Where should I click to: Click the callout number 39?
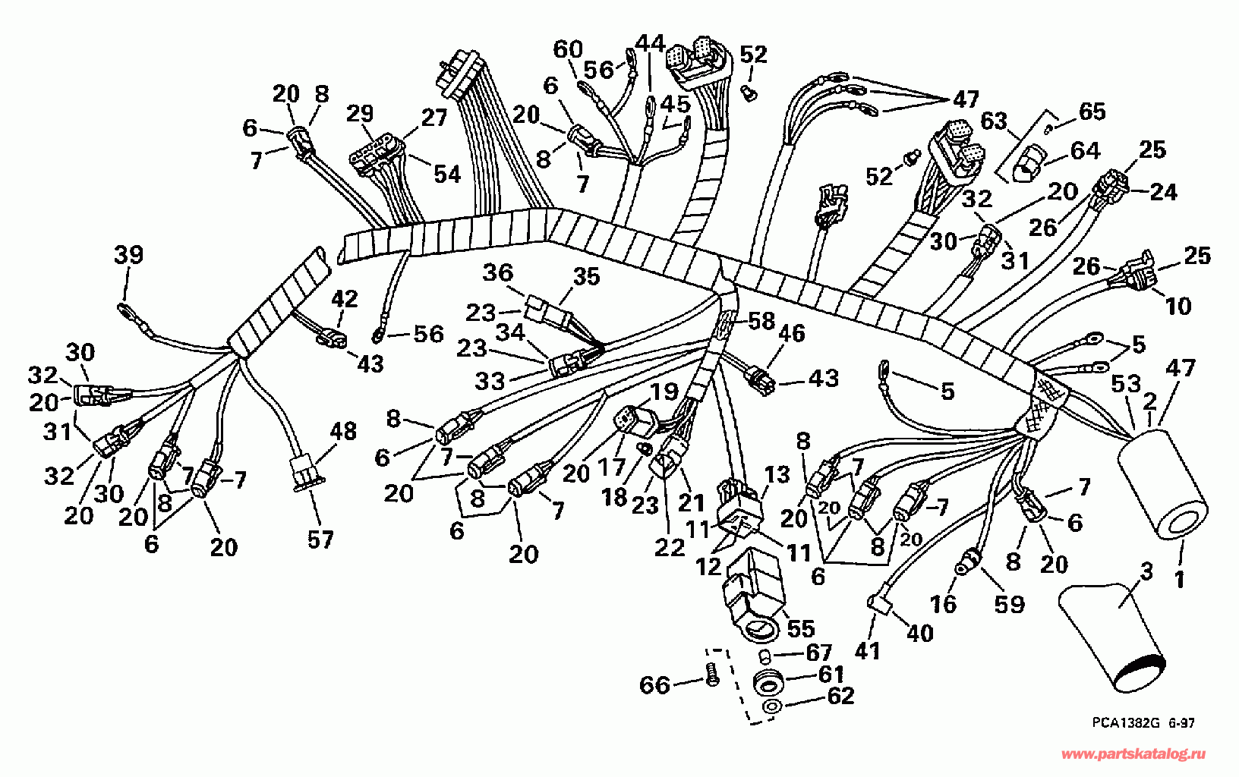129,255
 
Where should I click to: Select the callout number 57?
321,539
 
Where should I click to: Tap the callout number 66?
655,686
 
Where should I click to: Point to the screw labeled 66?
713,675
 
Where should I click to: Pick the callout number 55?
800,628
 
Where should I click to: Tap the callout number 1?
1179,580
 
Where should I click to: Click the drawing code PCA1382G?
1123,722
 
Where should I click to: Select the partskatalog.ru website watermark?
1134,753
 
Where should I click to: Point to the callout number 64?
1086,150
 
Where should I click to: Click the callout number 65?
1092,111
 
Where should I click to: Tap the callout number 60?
568,49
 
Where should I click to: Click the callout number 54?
447,174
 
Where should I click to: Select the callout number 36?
498,272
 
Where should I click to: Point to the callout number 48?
343,431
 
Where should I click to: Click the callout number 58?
761,321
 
